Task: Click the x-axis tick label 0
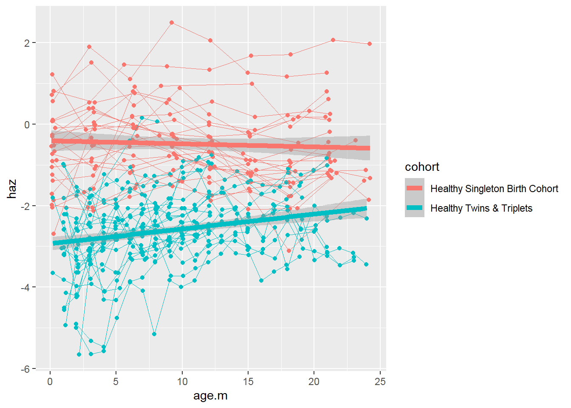tap(50, 381)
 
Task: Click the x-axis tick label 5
tap(116, 381)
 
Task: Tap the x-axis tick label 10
tap(182, 381)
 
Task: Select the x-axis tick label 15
tap(248, 381)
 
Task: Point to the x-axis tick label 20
tap(314, 381)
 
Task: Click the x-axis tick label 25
tap(380, 381)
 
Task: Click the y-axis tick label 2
tap(27, 43)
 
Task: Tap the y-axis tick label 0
tap(27, 125)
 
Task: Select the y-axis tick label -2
tap(25, 206)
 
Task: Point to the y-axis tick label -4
tap(25, 287)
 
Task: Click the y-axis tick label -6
tap(25, 369)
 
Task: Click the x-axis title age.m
tap(210, 396)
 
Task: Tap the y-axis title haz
tap(12, 189)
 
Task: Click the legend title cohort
tap(422, 167)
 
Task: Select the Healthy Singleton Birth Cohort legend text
tap(494, 189)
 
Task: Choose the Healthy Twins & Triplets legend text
tap(481, 208)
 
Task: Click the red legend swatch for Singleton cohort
tap(414, 188)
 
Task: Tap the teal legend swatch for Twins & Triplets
tap(414, 208)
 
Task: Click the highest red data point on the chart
tap(172, 23)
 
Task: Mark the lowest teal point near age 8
tap(154, 334)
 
